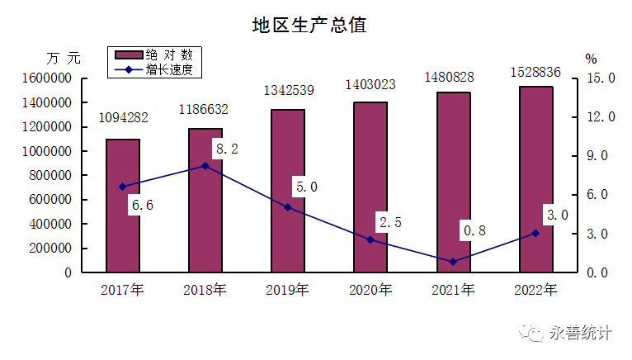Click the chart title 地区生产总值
click(x=309, y=25)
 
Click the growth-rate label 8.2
click(x=226, y=149)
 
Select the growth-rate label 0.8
click(x=474, y=231)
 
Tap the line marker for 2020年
click(x=370, y=239)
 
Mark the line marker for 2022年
click(x=535, y=233)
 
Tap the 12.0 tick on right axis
click(x=599, y=117)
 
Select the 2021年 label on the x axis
click(x=453, y=290)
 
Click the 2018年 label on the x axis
click(x=205, y=290)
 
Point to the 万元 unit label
click(x=64, y=59)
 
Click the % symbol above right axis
click(x=591, y=59)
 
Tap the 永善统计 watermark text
click(x=581, y=334)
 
